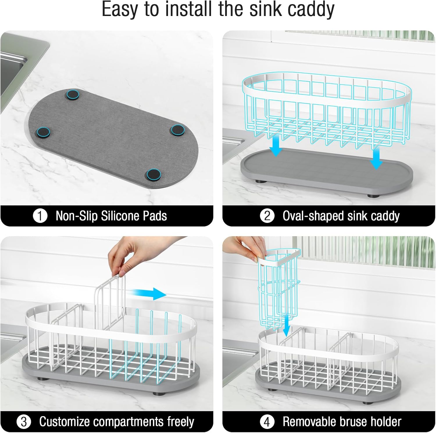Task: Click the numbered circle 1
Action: pos(40,216)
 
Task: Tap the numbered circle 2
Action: pos(267,216)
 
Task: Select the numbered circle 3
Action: pos(24,422)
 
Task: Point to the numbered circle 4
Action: pos(267,422)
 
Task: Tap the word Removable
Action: pos(308,421)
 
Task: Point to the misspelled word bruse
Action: pos(350,422)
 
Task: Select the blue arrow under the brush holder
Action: pos(287,325)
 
